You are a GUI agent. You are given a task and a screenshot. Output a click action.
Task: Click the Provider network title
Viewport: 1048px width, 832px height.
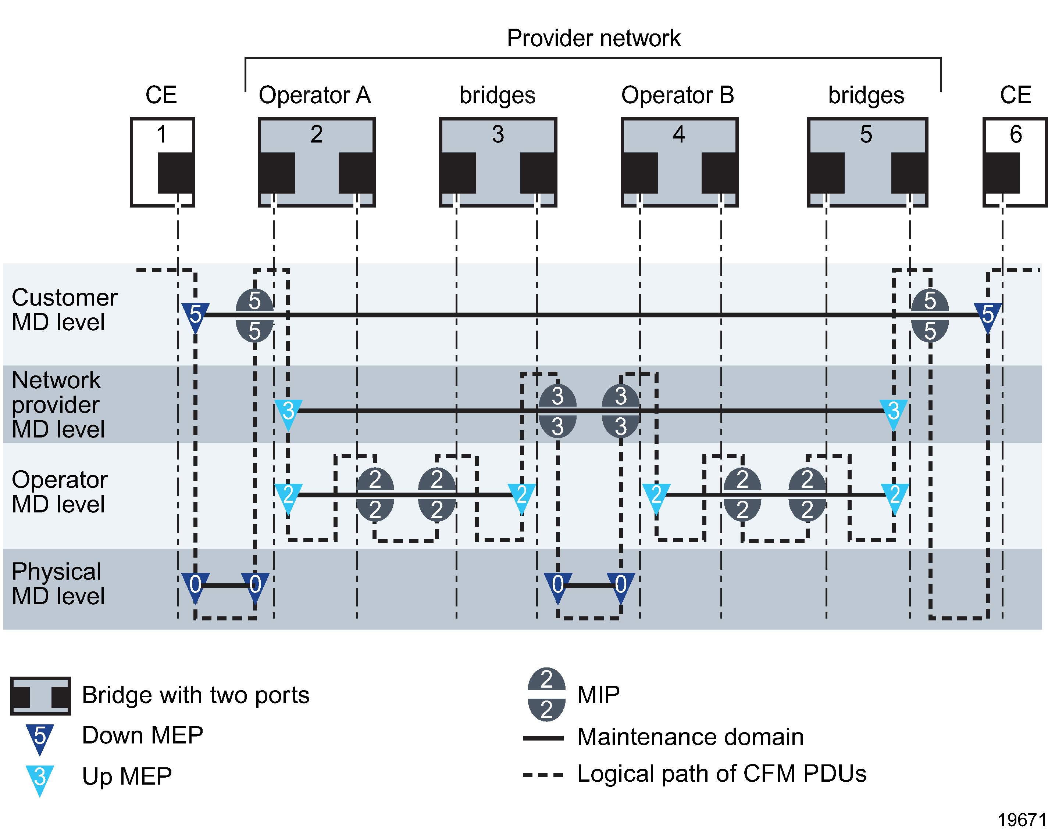(x=593, y=38)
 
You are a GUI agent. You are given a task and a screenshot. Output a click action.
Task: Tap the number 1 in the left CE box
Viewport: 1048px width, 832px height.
(x=161, y=134)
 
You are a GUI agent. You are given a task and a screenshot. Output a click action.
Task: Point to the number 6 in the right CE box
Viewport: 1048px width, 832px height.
(x=1015, y=134)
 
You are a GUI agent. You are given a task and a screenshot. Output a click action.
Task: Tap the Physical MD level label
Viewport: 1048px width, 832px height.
(x=57, y=583)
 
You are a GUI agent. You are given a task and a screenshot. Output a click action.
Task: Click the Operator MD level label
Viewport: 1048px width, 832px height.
(x=59, y=491)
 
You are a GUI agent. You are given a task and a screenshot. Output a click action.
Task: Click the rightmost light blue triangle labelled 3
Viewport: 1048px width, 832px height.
(x=894, y=413)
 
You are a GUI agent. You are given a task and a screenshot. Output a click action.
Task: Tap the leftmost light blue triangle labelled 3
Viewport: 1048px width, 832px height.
(x=288, y=413)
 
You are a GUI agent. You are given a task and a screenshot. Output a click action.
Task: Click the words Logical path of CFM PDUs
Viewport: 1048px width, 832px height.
(x=721, y=773)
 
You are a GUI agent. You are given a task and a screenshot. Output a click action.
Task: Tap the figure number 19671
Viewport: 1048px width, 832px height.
(x=1021, y=820)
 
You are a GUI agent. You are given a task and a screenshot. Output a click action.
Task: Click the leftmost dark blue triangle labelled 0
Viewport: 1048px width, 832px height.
(x=195, y=586)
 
